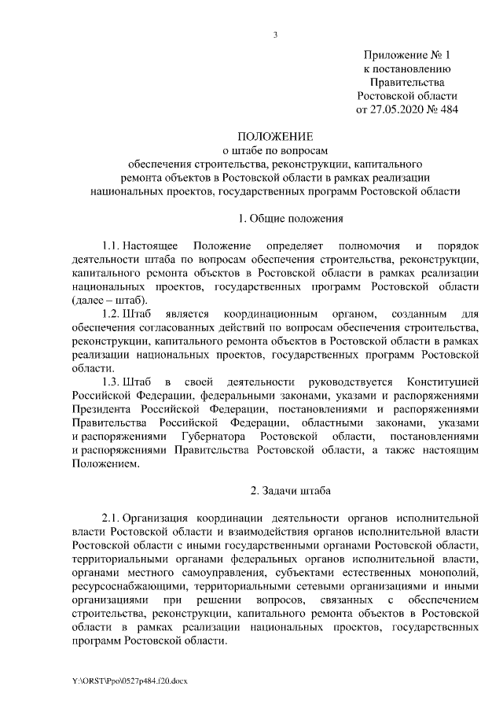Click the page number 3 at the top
[275, 34]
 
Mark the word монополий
[447, 571]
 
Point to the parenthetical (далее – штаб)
[108, 301]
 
